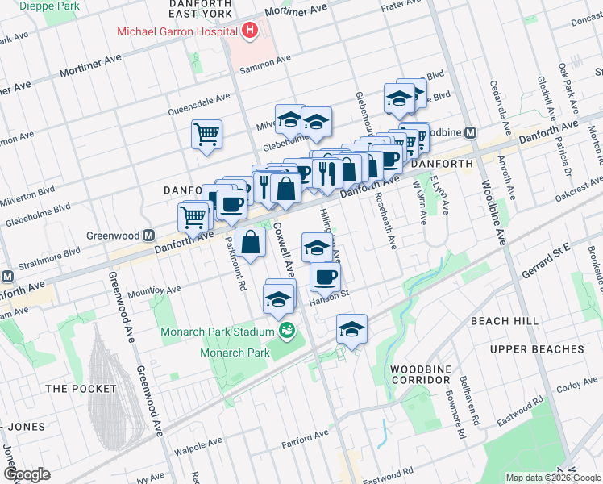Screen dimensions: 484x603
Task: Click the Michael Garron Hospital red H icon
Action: [250, 31]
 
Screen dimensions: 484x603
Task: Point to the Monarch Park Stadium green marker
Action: [286, 331]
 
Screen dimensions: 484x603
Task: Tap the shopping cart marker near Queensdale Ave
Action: [206, 134]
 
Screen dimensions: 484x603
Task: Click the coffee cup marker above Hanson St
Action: [325, 277]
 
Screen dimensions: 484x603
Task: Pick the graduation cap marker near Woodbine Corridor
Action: [351, 329]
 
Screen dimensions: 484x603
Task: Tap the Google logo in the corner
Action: [27, 474]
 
